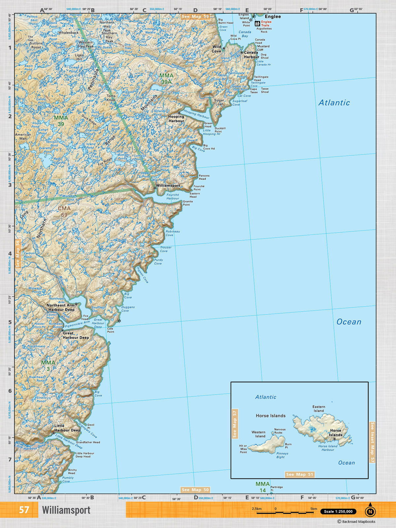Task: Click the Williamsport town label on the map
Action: point(168,185)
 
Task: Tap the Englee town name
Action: point(273,16)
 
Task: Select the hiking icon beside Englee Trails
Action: point(257,23)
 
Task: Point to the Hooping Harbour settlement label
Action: point(176,119)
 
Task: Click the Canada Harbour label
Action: point(251,54)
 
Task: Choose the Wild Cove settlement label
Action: point(216,49)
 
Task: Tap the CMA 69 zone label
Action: point(64,212)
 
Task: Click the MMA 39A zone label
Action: point(166,79)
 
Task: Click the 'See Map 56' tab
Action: point(18,253)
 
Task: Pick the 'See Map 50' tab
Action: point(195,490)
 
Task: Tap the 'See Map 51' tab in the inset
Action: point(300,474)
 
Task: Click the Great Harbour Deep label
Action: point(76,335)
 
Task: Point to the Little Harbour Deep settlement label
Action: point(67,428)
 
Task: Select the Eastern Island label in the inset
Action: point(318,409)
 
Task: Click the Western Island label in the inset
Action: point(258,434)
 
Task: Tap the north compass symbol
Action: point(370,511)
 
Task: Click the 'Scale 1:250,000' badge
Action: point(338,511)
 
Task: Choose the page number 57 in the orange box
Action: point(24,510)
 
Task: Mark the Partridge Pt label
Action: point(277,489)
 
